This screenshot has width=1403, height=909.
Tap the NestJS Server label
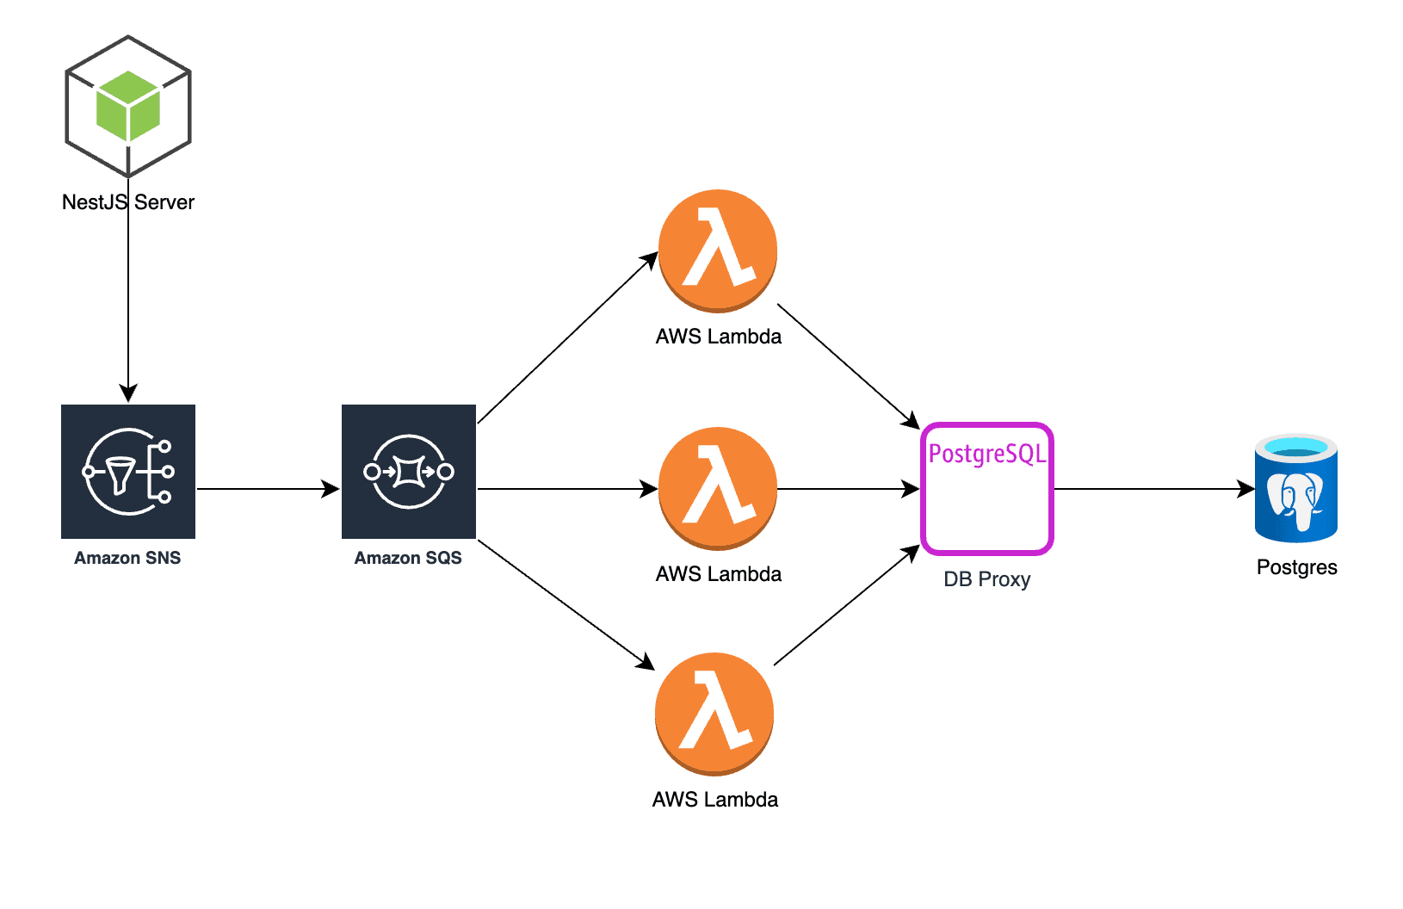click(x=128, y=202)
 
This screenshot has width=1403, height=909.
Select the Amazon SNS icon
click(x=128, y=472)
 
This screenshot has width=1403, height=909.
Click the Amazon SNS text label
click(x=127, y=558)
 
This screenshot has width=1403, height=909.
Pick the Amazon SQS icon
click(x=409, y=472)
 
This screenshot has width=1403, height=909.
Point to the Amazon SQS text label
click(x=408, y=558)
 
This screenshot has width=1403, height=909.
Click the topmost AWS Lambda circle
click(x=718, y=250)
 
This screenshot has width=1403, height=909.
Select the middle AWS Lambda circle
click(x=718, y=488)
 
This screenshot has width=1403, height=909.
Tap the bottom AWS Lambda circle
click(x=714, y=714)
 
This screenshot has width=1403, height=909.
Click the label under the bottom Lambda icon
click(x=715, y=800)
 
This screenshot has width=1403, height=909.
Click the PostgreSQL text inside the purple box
click(x=987, y=454)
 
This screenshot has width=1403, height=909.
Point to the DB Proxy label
click(x=987, y=579)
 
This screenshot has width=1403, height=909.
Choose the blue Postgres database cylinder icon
click(x=1296, y=488)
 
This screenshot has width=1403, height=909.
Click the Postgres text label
click(x=1296, y=567)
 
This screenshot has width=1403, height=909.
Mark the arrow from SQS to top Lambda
click(x=568, y=338)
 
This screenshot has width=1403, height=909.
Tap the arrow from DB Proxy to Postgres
click(x=1153, y=489)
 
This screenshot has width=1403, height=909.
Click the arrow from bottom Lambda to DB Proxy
click(x=847, y=606)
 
